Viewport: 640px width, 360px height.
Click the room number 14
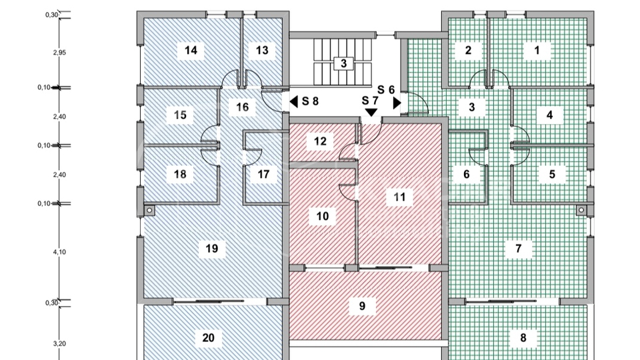pos(191,50)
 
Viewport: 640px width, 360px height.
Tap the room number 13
pos(261,50)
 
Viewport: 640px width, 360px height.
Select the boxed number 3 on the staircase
pos(343,64)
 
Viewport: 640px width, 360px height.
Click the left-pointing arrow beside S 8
pos(293,102)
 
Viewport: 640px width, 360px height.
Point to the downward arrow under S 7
pos(371,114)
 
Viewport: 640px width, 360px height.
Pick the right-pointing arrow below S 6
pos(397,103)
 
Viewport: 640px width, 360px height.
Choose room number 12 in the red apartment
pos(321,141)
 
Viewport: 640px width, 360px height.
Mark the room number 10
pos(323,216)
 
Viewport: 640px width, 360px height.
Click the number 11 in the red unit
pos(399,197)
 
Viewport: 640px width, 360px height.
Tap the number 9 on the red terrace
pos(362,306)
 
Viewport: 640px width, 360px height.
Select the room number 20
pos(208,339)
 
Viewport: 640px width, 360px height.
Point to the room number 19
pos(212,249)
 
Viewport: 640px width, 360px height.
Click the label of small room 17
pos(264,175)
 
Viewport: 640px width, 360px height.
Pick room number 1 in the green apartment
pos(537,50)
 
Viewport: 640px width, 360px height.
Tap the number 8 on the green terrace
pos(523,339)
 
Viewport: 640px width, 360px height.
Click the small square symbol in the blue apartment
pos(149,211)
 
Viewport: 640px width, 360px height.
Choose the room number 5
pos(552,175)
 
